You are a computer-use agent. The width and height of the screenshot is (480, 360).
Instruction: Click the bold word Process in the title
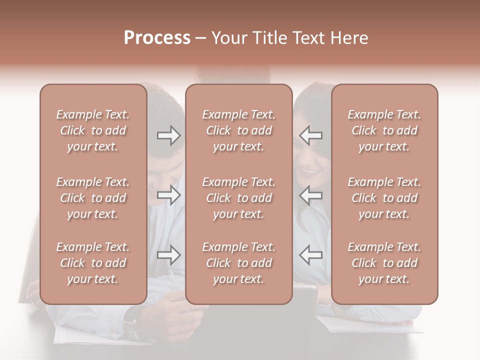(x=157, y=38)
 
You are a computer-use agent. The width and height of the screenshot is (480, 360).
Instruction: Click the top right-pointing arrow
(x=168, y=135)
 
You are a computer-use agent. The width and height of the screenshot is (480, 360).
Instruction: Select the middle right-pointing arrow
(x=168, y=195)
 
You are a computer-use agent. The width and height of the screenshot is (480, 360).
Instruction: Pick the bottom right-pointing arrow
(x=168, y=255)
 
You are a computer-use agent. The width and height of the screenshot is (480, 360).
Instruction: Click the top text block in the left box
(x=93, y=130)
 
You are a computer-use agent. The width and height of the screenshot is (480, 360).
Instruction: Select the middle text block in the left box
(x=93, y=198)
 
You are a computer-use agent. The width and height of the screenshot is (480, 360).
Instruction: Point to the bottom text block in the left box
(x=93, y=263)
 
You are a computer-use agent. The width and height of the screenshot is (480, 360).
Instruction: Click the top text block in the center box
(x=239, y=130)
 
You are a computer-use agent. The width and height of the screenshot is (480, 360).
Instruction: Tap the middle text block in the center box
(x=239, y=198)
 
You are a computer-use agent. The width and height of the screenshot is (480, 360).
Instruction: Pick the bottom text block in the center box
(x=239, y=263)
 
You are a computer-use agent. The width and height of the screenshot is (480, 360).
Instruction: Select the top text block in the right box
(x=384, y=130)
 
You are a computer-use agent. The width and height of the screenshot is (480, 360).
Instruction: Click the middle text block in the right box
(x=384, y=198)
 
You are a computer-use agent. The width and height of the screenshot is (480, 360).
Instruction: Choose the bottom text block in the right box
(x=384, y=263)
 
